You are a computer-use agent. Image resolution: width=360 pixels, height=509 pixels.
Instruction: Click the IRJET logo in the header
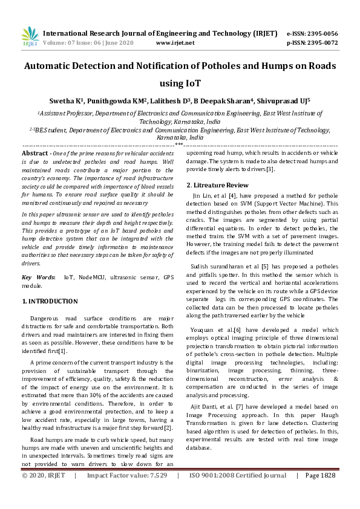(30, 37)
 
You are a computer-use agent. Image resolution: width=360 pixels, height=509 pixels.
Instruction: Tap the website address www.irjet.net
(175, 43)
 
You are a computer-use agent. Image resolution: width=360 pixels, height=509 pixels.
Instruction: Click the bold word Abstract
(35, 155)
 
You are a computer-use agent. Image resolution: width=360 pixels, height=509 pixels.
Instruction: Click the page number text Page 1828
(320, 493)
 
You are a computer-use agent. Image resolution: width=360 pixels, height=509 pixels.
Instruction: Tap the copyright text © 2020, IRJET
(44, 493)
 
